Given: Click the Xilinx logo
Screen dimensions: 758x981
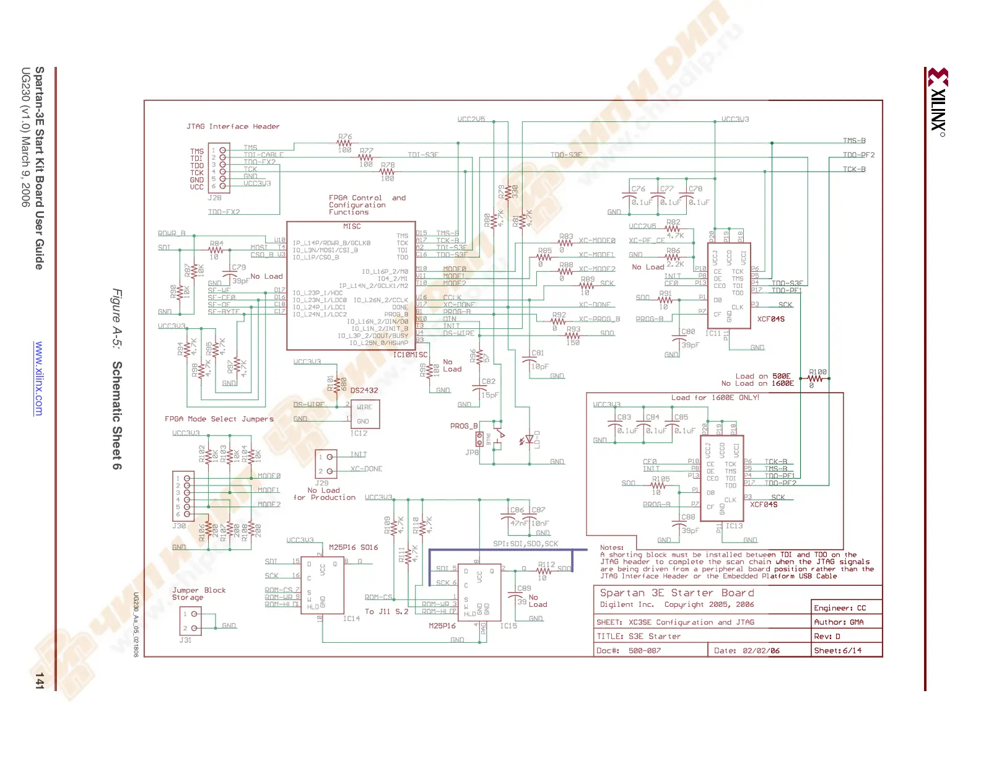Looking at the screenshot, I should (x=938, y=102).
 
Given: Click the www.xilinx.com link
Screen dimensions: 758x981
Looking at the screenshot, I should (x=39, y=378).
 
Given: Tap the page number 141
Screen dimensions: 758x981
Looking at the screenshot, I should (x=39, y=680).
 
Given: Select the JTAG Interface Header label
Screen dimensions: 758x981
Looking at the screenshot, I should (x=233, y=126).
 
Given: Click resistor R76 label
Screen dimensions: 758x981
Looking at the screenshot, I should (x=345, y=137).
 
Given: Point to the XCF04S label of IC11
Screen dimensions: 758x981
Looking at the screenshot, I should (x=770, y=319).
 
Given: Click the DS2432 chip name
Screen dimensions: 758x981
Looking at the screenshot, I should (x=364, y=390).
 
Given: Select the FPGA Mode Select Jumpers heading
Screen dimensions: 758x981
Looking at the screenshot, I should (x=219, y=419).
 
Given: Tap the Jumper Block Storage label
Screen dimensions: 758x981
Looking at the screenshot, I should (x=198, y=594).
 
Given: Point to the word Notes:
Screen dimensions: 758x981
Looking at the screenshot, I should (x=612, y=547).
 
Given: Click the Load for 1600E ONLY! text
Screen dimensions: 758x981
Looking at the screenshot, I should (x=715, y=398).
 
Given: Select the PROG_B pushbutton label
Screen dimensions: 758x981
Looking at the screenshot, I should (x=463, y=426).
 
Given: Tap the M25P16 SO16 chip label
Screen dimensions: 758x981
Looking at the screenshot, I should (x=353, y=547).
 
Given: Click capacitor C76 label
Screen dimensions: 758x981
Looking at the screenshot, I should (x=638, y=189).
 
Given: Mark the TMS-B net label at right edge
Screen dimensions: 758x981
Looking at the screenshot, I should (x=854, y=141).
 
